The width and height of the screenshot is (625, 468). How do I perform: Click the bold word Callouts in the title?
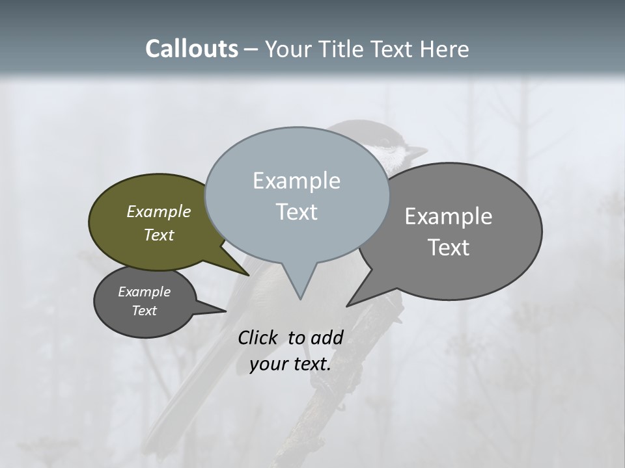point(191,49)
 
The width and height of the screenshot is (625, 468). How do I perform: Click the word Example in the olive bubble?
point(159,211)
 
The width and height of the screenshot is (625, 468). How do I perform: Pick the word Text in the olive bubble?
point(159,235)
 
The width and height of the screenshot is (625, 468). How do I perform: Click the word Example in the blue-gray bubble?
point(296,181)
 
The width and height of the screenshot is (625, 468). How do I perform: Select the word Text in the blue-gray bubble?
point(296,212)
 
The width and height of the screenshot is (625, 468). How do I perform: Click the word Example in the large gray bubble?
point(449,216)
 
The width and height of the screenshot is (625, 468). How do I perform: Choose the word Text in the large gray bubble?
point(449,248)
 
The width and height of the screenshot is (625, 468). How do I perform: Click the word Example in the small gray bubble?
point(145,292)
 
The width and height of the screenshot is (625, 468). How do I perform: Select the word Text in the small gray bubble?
point(145,311)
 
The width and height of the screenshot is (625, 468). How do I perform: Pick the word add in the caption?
point(327,337)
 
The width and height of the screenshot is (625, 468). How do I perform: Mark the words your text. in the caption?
point(290,364)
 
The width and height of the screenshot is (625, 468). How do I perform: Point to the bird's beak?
point(417,153)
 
